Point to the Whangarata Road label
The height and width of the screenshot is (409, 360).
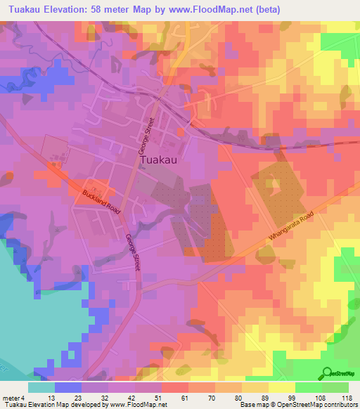290,231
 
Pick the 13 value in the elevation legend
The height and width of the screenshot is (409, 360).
69,398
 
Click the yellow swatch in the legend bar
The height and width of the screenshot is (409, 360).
282,387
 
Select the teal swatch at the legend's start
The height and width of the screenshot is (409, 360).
41,387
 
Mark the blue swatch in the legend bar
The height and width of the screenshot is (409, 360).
68,387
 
